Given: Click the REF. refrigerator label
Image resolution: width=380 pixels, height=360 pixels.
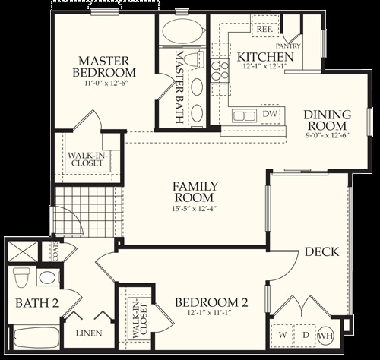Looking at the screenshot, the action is pyautogui.click(x=264, y=29).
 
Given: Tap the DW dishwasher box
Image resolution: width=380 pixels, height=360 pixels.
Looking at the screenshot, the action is pyautogui.click(x=271, y=114).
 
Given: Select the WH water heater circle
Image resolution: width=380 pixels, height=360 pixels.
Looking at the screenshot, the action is pyautogui.click(x=325, y=336).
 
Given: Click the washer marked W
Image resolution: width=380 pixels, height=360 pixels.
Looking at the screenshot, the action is pyautogui.click(x=283, y=336).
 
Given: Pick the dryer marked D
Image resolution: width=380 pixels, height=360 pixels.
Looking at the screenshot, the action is pyautogui.click(x=306, y=336).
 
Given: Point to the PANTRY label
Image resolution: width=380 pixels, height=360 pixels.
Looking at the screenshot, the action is pyautogui.click(x=288, y=46).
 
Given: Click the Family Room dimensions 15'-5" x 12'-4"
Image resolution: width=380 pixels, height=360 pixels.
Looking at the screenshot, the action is pyautogui.click(x=195, y=209).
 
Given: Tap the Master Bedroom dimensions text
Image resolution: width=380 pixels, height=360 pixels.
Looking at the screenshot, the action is pyautogui.click(x=104, y=83).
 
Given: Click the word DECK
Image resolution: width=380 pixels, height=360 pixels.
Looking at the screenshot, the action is pyautogui.click(x=321, y=252).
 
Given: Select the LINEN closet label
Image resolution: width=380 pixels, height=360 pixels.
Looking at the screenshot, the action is pyautogui.click(x=89, y=333).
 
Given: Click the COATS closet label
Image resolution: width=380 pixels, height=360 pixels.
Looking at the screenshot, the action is pyautogui.click(x=55, y=251).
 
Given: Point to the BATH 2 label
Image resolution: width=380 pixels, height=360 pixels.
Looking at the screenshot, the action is pyautogui.click(x=37, y=303).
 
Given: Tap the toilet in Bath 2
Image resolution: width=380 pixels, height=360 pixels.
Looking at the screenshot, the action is pyautogui.click(x=21, y=277).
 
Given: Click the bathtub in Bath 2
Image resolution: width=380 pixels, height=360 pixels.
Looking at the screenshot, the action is pyautogui.click(x=36, y=338).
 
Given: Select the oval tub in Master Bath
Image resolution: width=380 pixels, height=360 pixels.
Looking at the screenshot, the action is pyautogui.click(x=183, y=30).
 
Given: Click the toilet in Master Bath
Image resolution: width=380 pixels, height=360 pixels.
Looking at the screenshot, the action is pyautogui.click(x=194, y=59).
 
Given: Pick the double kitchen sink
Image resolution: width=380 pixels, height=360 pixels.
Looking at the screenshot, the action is pyautogui.click(x=244, y=116).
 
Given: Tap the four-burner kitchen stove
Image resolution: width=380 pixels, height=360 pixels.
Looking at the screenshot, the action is pyautogui.click(x=220, y=71).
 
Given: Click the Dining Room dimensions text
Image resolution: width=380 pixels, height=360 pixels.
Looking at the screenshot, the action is pyautogui.click(x=328, y=135).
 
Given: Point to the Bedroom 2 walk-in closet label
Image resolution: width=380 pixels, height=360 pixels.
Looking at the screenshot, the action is pyautogui.click(x=139, y=321).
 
